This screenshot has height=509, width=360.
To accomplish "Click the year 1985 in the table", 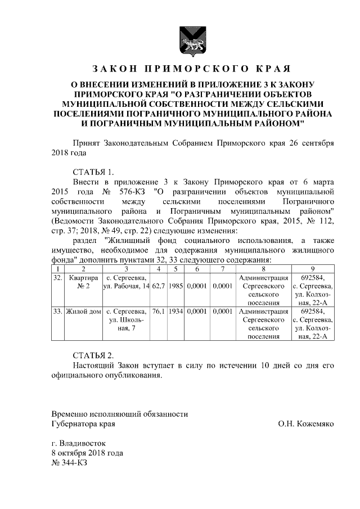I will [x=176, y=287].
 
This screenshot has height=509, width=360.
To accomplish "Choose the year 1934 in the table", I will [x=176, y=310].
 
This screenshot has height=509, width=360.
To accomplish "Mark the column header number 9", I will [x=312, y=269].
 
